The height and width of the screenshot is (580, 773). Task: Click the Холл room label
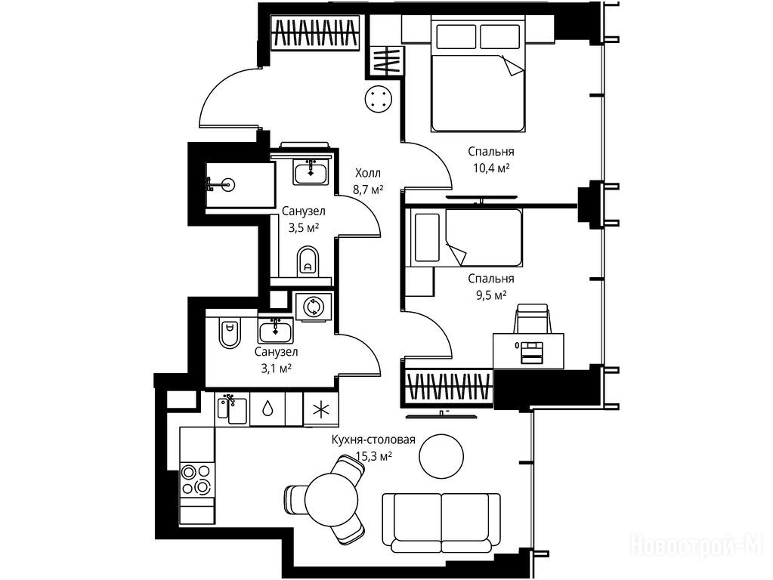(x=368, y=173)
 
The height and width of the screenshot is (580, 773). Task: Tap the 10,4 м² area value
(x=491, y=168)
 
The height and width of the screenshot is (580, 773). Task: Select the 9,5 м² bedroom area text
(x=490, y=295)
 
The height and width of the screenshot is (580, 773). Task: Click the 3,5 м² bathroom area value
(x=303, y=227)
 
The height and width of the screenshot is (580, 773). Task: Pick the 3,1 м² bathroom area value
(x=276, y=368)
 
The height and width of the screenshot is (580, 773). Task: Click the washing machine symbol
(x=313, y=307)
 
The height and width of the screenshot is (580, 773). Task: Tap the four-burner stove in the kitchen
(x=196, y=480)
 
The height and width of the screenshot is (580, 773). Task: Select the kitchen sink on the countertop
(x=232, y=409)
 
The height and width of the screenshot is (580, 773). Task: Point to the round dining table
(x=331, y=499)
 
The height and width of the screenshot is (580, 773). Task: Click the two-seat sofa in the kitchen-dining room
(x=442, y=523)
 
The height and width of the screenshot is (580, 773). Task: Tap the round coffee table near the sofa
(x=441, y=456)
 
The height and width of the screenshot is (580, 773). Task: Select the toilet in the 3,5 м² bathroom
(x=308, y=261)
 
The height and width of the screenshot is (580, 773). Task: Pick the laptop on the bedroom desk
(x=531, y=352)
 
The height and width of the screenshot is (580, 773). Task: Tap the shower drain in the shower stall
(x=227, y=185)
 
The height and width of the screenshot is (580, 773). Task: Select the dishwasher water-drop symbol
(x=267, y=409)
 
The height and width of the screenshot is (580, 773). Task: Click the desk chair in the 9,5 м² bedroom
(x=531, y=319)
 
